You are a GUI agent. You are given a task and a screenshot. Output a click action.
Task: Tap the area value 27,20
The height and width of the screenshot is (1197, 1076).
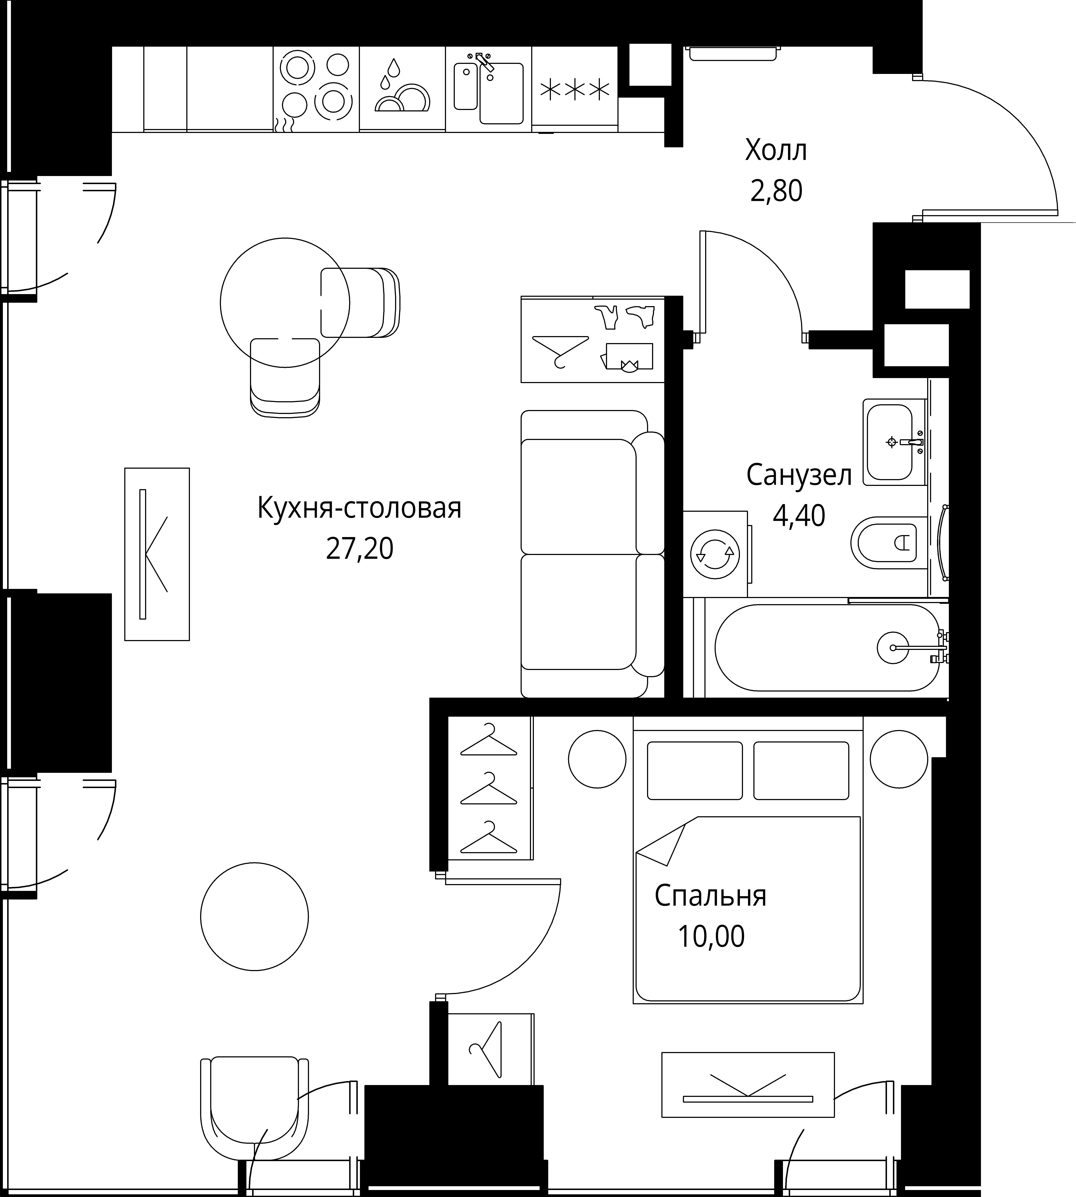(359, 549)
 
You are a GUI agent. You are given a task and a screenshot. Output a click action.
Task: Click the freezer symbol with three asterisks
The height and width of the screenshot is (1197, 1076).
(575, 89)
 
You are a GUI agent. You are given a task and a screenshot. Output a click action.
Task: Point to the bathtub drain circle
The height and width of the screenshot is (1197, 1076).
(893, 648)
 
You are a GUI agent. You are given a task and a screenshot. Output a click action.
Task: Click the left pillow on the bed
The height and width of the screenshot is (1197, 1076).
(695, 771)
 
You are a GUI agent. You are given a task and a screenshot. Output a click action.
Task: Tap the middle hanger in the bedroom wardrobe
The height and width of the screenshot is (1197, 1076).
(489, 790)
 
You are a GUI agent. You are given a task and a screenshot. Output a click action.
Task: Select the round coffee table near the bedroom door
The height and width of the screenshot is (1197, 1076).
(254, 916)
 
